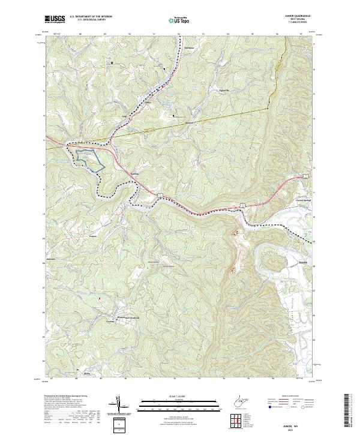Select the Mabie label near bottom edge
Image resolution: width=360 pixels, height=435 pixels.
coord(87,374)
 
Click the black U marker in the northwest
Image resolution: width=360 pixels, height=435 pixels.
coord(110,62)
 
